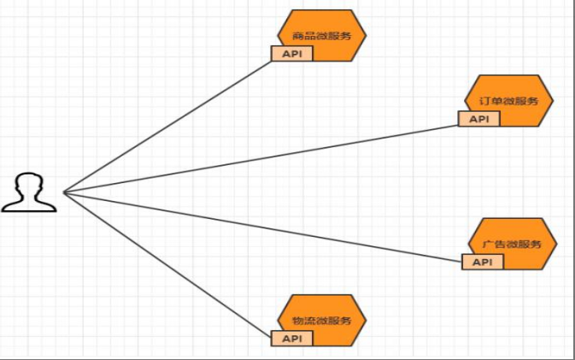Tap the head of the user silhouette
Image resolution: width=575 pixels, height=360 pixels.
[30, 182]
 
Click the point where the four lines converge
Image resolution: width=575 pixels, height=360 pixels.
[63, 192]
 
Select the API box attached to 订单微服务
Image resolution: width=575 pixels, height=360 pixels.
[478, 119]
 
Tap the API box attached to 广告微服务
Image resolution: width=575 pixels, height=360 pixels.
[482, 262]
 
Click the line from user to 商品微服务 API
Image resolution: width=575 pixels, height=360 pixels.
[167, 125]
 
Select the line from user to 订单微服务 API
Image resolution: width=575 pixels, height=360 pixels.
[261, 159]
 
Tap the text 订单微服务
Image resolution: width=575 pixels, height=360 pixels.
[510, 101]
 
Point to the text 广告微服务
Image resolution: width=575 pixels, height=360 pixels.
[513, 244]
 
